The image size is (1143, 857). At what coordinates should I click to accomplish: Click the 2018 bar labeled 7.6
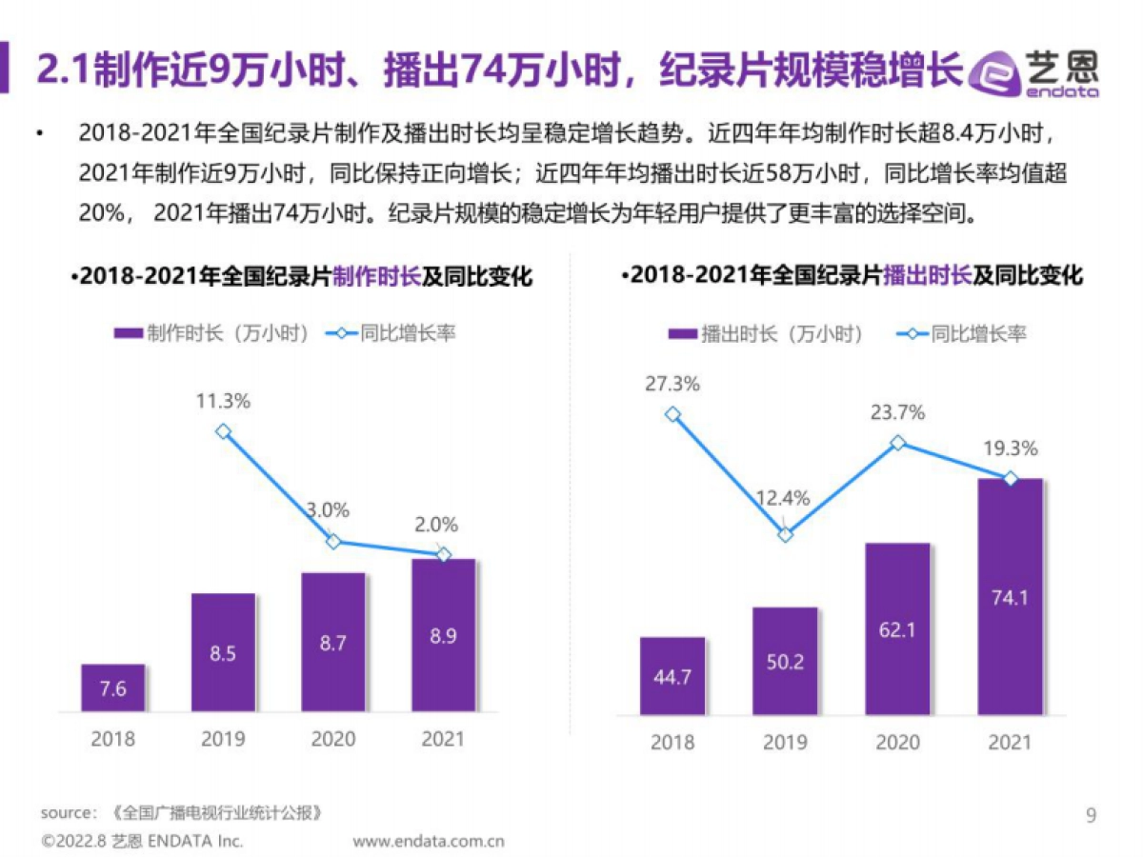click(x=113, y=688)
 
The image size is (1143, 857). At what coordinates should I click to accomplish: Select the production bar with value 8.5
click(x=223, y=652)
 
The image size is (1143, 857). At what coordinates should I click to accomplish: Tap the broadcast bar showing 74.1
click(x=1010, y=596)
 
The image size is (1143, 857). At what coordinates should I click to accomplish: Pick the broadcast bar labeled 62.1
click(x=897, y=628)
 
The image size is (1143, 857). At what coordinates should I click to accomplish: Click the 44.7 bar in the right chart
click(x=672, y=676)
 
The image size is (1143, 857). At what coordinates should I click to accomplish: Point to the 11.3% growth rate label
click(x=223, y=401)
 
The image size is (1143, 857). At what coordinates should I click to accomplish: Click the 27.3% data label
click(x=672, y=384)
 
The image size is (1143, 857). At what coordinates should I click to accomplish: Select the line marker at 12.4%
click(x=785, y=535)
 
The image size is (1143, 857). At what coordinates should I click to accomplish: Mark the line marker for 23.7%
click(x=897, y=443)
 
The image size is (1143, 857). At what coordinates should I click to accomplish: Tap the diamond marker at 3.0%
click(x=333, y=541)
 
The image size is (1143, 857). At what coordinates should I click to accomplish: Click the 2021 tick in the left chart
click(x=443, y=739)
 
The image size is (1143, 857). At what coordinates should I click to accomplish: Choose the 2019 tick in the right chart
click(x=785, y=742)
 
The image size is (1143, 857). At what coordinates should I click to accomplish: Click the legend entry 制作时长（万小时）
click(x=211, y=333)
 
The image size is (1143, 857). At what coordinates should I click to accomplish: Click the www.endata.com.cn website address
click(x=429, y=841)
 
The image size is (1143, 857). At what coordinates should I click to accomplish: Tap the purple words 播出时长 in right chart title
click(x=927, y=276)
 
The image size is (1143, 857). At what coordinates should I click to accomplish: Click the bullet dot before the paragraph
click(x=39, y=133)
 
